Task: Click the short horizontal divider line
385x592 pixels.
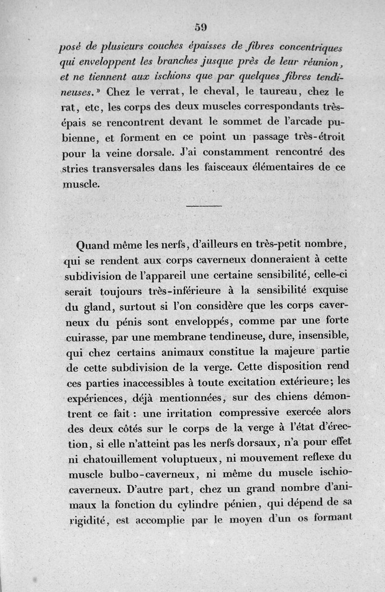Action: [x=203, y=206]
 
